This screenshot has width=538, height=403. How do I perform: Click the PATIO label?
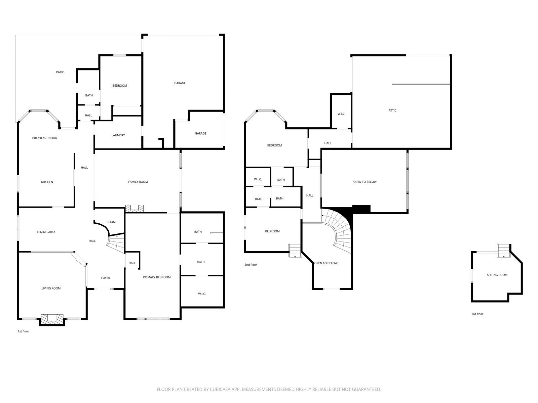click(60, 72)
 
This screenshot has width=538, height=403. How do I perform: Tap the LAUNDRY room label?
click(118, 135)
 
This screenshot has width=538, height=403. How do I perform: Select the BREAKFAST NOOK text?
click(44, 138)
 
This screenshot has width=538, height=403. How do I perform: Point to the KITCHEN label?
click(47, 182)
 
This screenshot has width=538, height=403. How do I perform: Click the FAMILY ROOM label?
click(138, 182)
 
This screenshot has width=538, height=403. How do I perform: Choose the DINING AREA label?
click(46, 232)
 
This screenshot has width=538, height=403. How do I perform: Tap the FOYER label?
click(106, 278)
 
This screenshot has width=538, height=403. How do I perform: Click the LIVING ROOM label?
click(51, 288)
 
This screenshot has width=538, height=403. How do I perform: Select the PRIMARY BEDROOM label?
click(157, 277)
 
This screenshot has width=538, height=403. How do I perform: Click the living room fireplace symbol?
click(52, 318)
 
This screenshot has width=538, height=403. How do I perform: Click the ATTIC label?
click(392, 110)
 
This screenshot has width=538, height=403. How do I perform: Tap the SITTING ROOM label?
click(497, 275)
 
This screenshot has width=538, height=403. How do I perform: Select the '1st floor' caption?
click(23, 331)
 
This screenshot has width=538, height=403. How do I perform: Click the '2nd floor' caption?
click(251, 265)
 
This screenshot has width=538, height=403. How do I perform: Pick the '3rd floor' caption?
click(477, 314)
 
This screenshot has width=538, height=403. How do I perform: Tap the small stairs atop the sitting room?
click(504, 251)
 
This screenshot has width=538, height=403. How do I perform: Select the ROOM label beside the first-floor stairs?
click(111, 222)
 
